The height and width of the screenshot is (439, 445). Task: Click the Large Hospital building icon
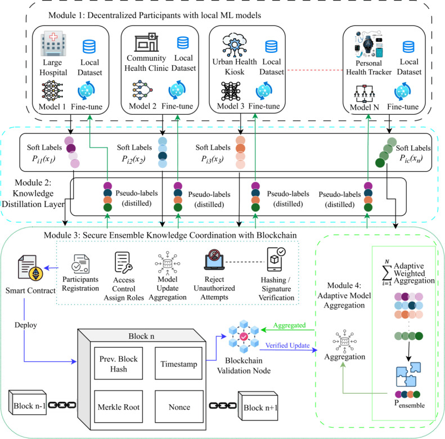53,44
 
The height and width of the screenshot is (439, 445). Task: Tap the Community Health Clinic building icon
146,42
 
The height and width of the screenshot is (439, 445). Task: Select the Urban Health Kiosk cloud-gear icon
234,45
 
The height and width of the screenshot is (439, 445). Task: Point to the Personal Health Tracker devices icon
368,44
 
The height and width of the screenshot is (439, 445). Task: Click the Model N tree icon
365,93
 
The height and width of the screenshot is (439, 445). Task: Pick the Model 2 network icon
142,90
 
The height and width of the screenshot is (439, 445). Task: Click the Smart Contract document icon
30,268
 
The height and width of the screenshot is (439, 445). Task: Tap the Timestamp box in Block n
178,363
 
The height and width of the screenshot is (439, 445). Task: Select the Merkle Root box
118,406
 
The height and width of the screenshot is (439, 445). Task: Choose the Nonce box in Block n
179,406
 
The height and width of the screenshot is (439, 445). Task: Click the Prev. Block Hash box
118,363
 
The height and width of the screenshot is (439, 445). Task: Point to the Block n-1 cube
28,402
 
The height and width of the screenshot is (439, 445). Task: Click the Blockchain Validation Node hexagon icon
244,337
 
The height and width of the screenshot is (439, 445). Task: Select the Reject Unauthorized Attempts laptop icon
214,259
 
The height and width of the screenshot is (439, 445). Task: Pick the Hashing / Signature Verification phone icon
276,259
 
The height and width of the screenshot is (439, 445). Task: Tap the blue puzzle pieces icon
408,374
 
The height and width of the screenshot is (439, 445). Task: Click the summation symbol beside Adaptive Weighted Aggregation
387,272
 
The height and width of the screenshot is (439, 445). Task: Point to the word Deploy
25,325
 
